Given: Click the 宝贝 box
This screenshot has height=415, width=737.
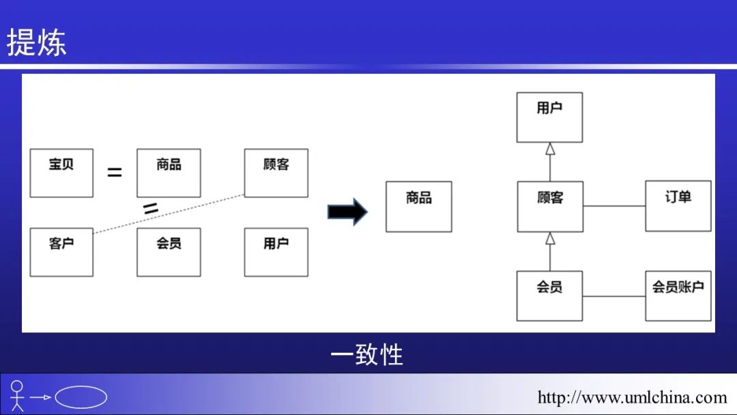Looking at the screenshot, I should (x=61, y=173).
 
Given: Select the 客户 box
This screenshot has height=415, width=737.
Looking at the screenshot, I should (x=61, y=252).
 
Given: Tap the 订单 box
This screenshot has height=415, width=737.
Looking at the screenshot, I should (x=678, y=205).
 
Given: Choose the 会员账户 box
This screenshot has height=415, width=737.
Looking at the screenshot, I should (x=678, y=296).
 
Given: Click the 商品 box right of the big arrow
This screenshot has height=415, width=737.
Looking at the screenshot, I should (x=418, y=206).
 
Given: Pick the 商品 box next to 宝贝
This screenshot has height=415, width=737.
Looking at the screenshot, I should (x=169, y=173).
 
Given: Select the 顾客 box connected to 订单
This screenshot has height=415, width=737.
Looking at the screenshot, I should (x=550, y=206).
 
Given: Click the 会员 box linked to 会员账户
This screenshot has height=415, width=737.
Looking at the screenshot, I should (x=549, y=296).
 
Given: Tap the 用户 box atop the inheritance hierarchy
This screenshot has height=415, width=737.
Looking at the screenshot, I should (x=549, y=117).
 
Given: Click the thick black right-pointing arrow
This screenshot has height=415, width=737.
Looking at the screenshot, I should (x=347, y=212).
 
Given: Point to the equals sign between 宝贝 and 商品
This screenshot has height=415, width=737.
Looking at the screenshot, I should (x=115, y=173).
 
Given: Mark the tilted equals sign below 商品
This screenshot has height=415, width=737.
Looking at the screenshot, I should (x=151, y=208).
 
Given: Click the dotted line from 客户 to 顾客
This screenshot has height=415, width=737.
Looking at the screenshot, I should (x=169, y=214).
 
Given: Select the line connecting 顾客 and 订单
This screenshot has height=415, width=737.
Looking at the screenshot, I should (x=614, y=206).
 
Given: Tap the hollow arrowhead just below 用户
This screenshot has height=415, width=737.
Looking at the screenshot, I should (x=550, y=149).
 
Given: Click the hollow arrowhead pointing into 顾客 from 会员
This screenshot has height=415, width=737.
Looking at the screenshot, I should (x=550, y=238).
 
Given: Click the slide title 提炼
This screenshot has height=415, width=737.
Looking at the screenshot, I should (x=37, y=42).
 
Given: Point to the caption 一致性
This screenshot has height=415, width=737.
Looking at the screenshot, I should (x=367, y=355).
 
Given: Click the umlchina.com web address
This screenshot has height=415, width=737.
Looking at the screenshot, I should (x=632, y=397).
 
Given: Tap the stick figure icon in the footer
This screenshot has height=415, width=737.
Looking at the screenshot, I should (x=17, y=396).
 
